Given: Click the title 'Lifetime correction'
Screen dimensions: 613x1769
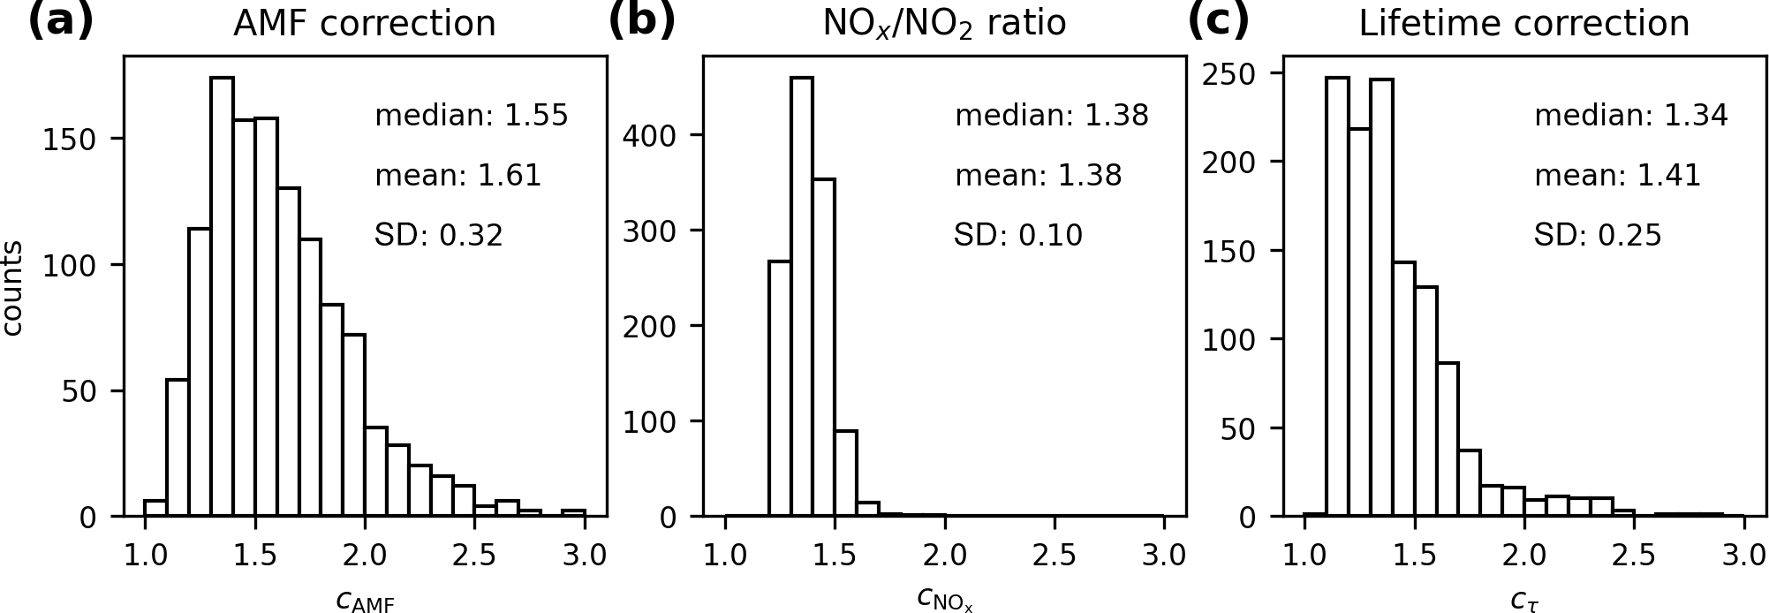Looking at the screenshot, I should click(1523, 24).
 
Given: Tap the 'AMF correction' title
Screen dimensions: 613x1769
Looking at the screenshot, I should click(364, 24).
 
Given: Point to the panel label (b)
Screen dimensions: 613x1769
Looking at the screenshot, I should click(641, 21).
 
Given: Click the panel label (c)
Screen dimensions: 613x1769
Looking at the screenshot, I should click(1218, 21).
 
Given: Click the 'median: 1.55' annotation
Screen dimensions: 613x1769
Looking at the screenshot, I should click(472, 116).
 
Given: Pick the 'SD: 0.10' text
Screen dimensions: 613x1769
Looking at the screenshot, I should click(1017, 236).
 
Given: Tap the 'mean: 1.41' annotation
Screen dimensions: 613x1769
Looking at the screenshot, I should click(1617, 176).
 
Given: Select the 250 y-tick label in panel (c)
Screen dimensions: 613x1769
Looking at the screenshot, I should click(1228, 73).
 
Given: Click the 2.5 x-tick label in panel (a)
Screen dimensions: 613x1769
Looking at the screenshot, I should click(474, 556).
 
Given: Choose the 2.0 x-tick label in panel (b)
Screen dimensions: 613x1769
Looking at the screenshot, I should click(944, 556).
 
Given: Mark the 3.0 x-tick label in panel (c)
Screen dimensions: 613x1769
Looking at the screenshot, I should click(1743, 556).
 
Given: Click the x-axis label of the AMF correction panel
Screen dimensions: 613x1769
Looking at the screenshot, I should click(365, 601).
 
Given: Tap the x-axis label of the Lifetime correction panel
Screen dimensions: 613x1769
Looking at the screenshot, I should click(1523, 601).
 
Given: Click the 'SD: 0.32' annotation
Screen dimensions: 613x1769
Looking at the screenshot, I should click(439, 236).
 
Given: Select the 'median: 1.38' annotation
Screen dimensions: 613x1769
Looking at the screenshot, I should click(1052, 116).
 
